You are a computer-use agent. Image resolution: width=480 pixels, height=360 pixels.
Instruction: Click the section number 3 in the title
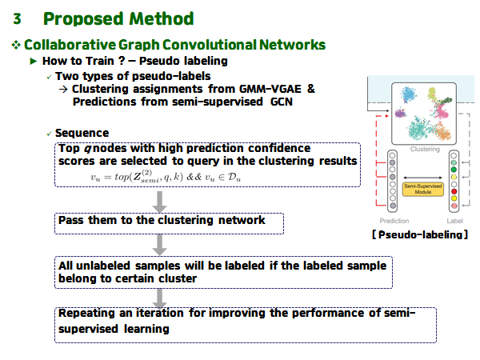[x=17, y=18]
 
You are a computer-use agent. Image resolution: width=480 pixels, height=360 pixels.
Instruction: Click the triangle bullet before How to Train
[x=33, y=62]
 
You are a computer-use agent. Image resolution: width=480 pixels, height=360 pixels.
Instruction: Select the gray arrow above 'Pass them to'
[x=160, y=201]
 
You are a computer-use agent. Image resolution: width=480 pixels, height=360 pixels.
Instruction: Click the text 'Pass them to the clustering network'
[x=161, y=219]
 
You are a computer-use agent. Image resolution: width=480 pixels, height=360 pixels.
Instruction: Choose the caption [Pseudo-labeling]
[x=419, y=234]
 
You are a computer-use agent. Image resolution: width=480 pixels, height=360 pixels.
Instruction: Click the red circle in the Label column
[x=453, y=192]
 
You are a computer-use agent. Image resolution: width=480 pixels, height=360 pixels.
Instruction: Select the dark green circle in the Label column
[x=453, y=169]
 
